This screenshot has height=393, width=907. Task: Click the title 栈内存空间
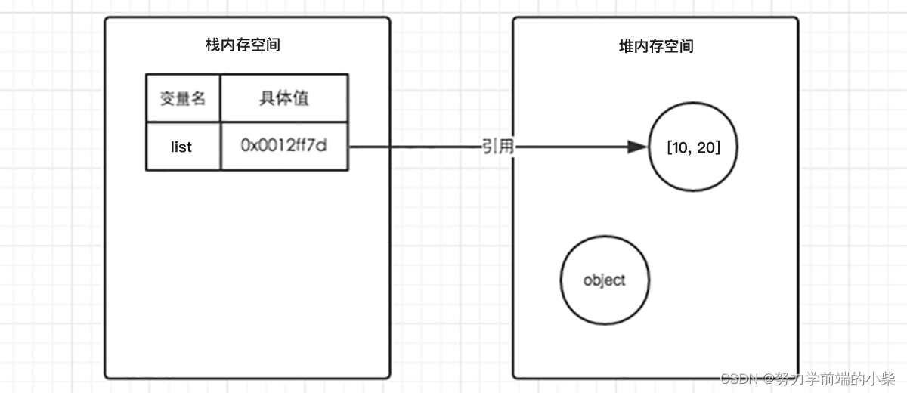click(x=243, y=45)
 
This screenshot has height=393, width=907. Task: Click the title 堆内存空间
click(x=655, y=45)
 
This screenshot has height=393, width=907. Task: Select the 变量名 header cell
click(x=183, y=98)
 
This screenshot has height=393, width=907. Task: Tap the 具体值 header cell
click(x=284, y=98)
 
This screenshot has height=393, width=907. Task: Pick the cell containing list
click(x=182, y=147)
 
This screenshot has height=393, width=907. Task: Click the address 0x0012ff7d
click(x=283, y=146)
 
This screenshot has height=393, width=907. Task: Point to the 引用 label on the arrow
click(x=497, y=147)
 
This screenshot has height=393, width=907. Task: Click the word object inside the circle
click(x=605, y=280)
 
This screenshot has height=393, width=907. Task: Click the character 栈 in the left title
click(x=212, y=45)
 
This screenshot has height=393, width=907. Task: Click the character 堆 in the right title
click(x=625, y=45)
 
